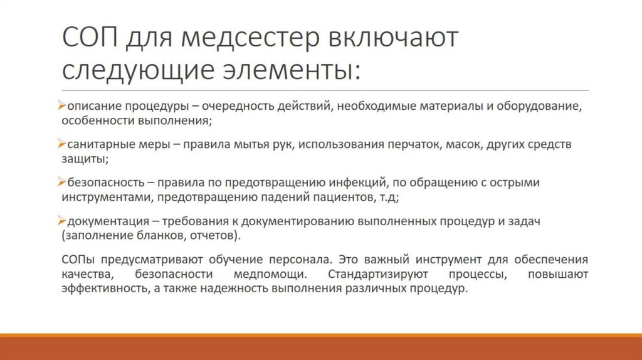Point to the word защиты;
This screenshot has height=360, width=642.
click(x=85, y=159)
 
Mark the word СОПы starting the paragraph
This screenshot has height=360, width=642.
click(x=79, y=260)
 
